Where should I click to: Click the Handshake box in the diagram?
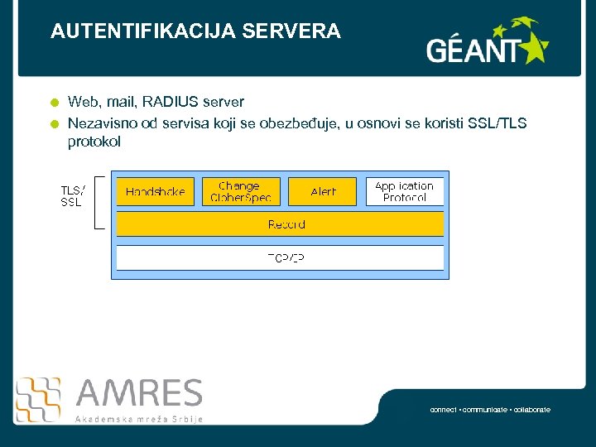(155, 191)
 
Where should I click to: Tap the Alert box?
(323, 191)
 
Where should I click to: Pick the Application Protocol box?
(404, 191)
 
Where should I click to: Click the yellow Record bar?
(280, 224)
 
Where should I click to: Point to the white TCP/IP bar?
(280, 257)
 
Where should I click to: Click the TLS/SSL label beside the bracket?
(72, 196)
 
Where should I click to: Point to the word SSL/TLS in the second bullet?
(497, 123)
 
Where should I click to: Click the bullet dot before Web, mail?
(54, 103)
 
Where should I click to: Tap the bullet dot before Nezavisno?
(54, 124)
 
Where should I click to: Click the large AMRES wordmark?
(139, 394)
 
